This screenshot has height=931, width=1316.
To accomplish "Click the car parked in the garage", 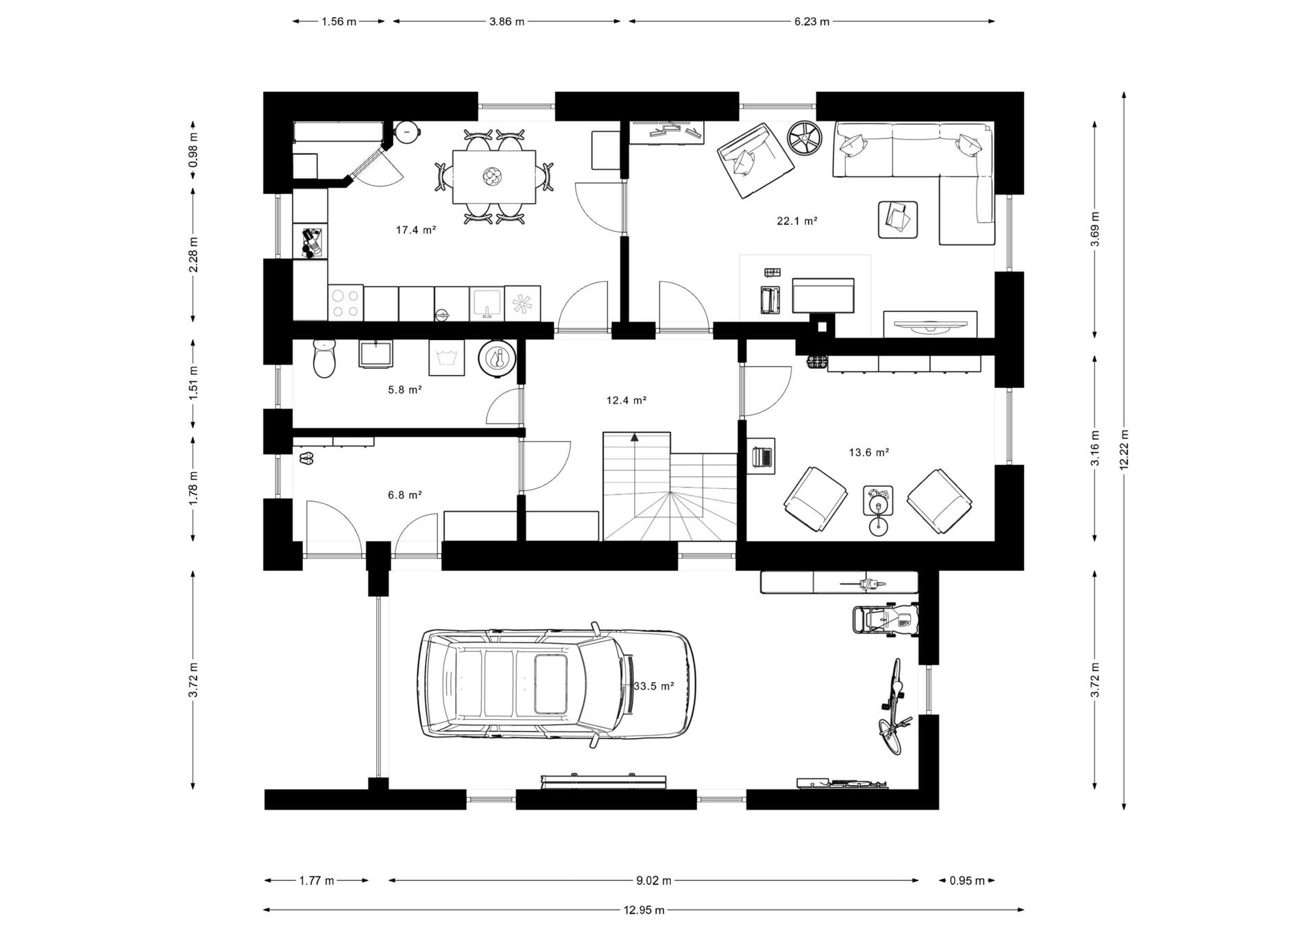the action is [x=557, y=685].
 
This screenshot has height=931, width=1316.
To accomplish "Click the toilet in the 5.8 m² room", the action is [x=325, y=358].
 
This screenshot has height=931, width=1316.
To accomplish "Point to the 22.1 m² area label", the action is [x=797, y=221].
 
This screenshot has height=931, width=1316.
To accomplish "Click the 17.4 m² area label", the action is [x=416, y=230].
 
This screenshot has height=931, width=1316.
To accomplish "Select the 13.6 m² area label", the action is [x=869, y=452].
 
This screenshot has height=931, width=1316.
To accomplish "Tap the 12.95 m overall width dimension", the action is [x=644, y=910].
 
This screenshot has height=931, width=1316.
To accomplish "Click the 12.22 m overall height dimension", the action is [x=1124, y=450].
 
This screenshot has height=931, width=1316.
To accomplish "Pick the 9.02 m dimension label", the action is [x=653, y=880].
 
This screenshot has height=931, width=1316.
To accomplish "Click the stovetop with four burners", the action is [x=345, y=304].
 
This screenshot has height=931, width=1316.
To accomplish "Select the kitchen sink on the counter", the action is [x=487, y=304].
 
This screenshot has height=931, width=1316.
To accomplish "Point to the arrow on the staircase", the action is [x=635, y=437].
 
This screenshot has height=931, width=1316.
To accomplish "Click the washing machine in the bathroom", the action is [x=446, y=357].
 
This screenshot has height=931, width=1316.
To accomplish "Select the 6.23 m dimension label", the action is [x=812, y=21].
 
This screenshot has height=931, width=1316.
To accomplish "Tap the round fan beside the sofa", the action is [x=804, y=138].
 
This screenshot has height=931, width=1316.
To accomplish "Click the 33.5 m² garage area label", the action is [x=653, y=686].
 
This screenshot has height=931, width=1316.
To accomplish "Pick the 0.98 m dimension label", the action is [x=193, y=150].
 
